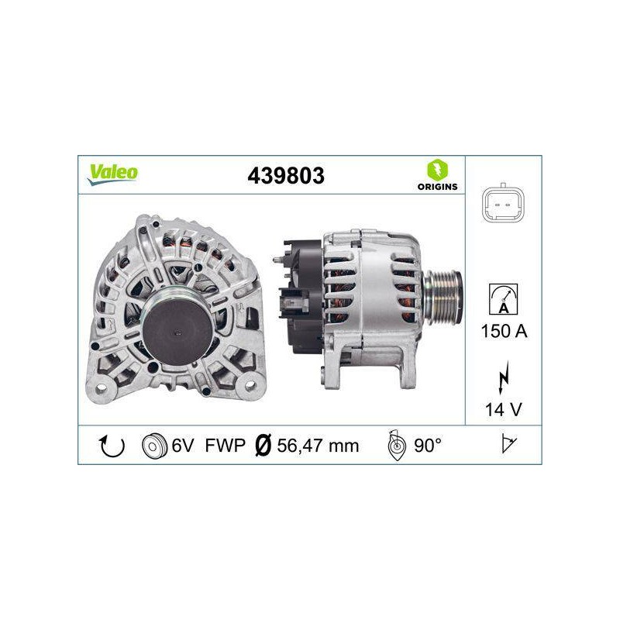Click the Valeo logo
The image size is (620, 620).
point(113,174)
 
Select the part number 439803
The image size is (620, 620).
point(286,176)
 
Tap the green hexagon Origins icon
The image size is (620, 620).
point(437,170)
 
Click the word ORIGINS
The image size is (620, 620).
point(437,187)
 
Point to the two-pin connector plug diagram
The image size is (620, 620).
point(502,204)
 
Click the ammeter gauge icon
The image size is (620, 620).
point(503,299)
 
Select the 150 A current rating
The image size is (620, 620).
point(504,331)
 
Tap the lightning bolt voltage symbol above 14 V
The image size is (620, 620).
point(503,377)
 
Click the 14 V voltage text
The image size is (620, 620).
point(503,410)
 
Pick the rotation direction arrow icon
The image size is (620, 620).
point(112,446)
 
